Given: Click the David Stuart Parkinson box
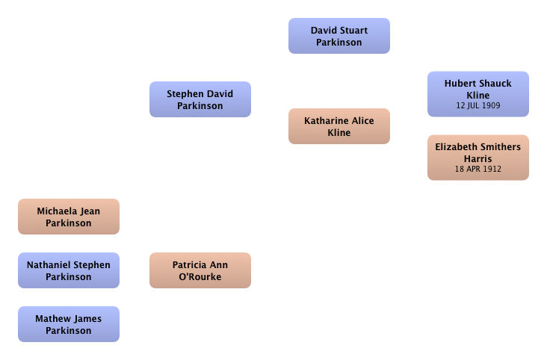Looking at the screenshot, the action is (339, 36).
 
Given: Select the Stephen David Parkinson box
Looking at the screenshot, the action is (200, 99).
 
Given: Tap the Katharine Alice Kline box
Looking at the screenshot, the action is (339, 126).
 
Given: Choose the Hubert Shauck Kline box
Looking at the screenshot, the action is (478, 94).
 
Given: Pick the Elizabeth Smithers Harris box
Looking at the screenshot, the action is (478, 158).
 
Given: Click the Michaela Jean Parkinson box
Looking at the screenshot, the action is (69, 217).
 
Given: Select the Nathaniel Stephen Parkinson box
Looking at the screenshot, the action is (69, 270).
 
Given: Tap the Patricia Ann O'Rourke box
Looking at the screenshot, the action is (200, 270).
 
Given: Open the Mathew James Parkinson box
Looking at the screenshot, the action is (69, 324).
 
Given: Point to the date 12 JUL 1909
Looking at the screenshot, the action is (478, 105).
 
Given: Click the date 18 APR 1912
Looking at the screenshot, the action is (478, 169).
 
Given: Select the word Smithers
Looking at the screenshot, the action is (501, 147).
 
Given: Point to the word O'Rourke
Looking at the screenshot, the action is (200, 276).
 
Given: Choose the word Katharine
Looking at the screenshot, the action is (327, 121).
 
